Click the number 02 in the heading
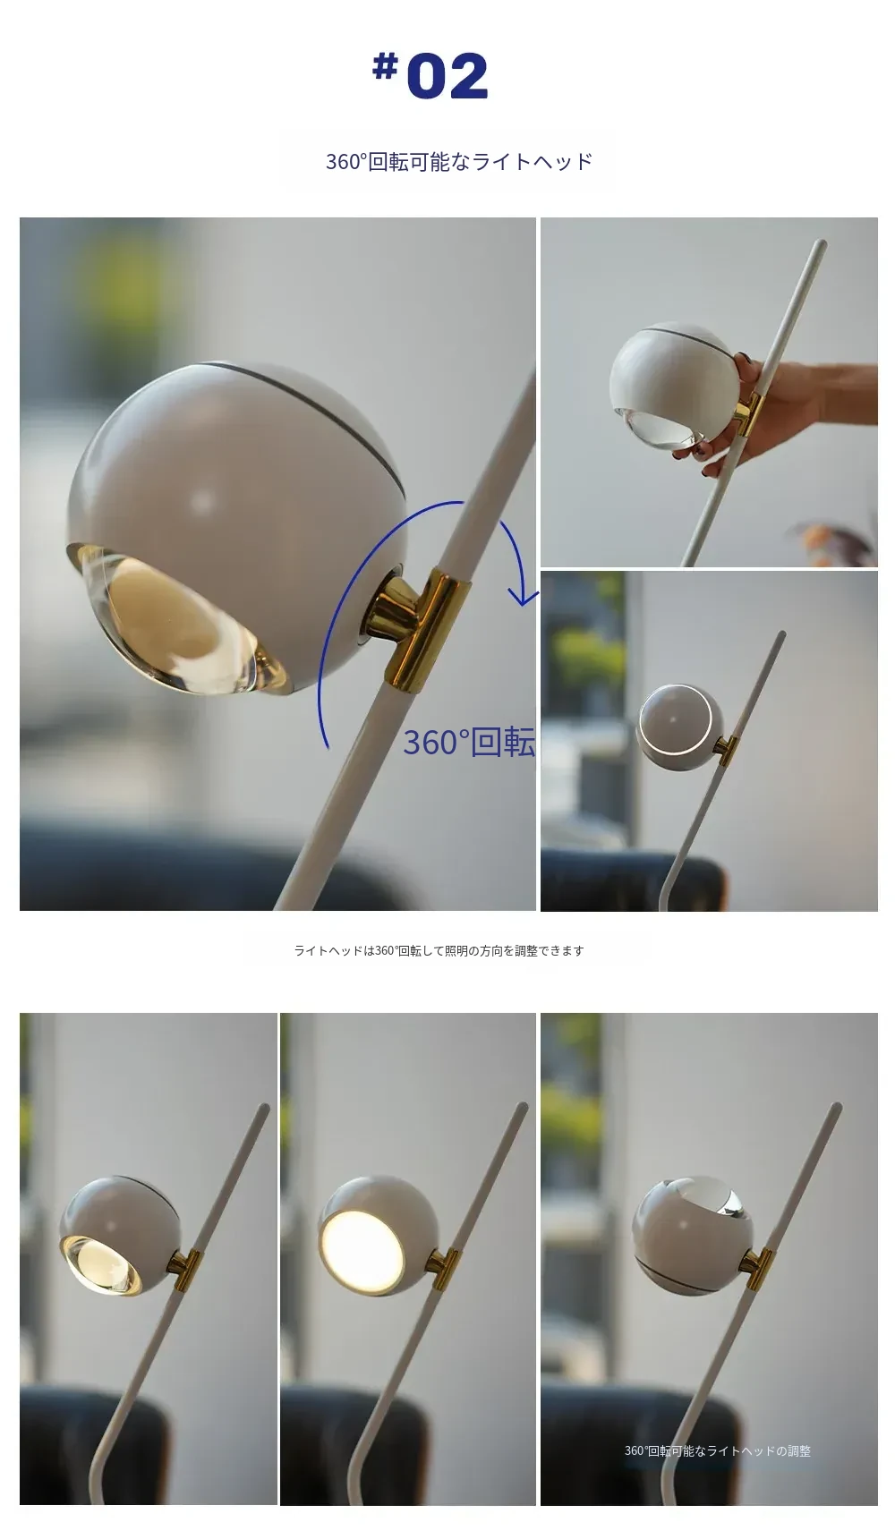[x=447, y=76]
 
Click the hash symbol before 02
[x=385, y=65]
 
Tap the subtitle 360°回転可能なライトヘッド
[x=459, y=162]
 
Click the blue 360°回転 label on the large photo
[x=469, y=742]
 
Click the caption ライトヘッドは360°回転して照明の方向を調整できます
[x=439, y=951]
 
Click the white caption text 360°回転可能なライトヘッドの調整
[x=718, y=1451]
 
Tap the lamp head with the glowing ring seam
[x=678, y=727]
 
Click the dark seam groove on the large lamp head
[x=295, y=394]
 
